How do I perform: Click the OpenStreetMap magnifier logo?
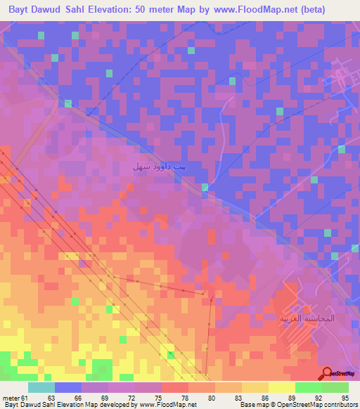[326, 373]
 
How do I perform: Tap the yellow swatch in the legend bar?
[282, 388]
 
